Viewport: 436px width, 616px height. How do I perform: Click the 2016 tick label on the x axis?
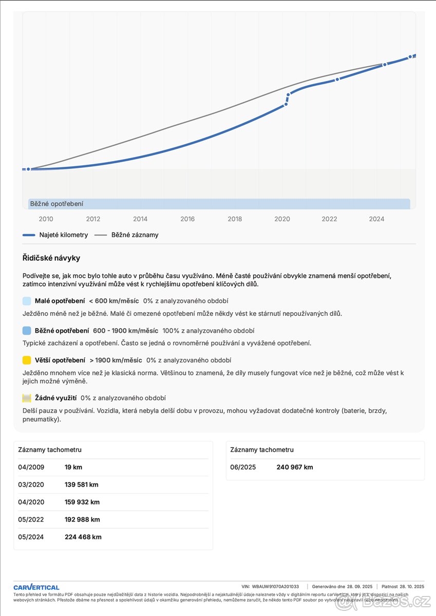pyautogui.click(x=187, y=219)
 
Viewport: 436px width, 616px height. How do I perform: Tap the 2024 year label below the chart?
pyautogui.click(x=376, y=219)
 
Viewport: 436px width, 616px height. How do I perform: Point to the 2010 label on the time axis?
pyautogui.click(x=46, y=219)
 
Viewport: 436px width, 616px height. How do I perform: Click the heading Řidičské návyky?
pyautogui.click(x=51, y=258)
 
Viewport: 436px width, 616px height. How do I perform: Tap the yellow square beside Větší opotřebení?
pyautogui.click(x=27, y=360)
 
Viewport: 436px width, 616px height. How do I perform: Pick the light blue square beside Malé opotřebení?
pyautogui.click(x=27, y=301)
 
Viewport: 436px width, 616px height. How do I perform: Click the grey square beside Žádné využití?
pyautogui.click(x=27, y=398)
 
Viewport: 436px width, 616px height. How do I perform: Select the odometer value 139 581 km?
pyautogui.click(x=81, y=485)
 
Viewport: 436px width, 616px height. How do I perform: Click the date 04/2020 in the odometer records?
pyautogui.click(x=31, y=502)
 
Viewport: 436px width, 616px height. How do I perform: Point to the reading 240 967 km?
pyautogui.click(x=294, y=467)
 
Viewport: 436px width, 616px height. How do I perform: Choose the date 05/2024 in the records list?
pyautogui.click(x=31, y=537)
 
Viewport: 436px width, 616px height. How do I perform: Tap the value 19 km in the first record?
pyautogui.click(x=73, y=467)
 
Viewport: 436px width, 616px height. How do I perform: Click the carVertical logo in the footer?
pyautogui.click(x=36, y=587)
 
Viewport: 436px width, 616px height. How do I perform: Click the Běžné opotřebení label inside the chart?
pyautogui.click(x=56, y=204)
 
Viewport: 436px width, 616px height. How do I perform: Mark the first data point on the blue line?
pyautogui.click(x=28, y=169)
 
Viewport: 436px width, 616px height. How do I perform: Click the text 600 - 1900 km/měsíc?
pyautogui.click(x=125, y=331)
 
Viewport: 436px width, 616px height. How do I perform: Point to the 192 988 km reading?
pyautogui.click(x=82, y=519)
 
